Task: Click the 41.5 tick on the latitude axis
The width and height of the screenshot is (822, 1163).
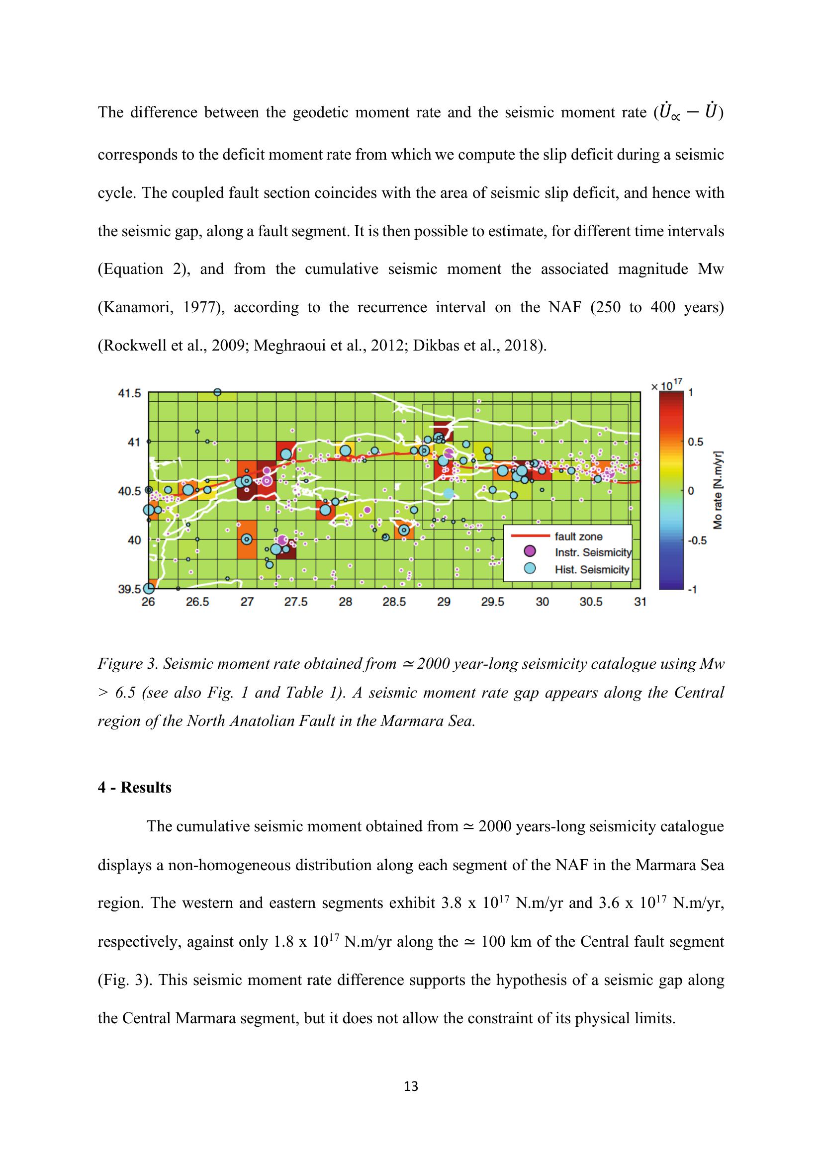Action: (x=129, y=394)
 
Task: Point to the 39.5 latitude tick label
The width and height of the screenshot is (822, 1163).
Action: (x=129, y=589)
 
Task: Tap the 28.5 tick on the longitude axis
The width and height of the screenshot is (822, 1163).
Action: (x=393, y=602)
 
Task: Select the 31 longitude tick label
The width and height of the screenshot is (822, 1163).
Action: (x=640, y=602)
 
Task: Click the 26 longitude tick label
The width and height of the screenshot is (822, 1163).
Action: (x=148, y=602)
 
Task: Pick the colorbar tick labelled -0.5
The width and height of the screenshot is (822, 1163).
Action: (x=696, y=540)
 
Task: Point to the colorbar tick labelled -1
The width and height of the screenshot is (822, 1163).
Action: (x=692, y=590)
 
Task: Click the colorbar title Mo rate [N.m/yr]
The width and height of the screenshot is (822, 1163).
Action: (x=717, y=490)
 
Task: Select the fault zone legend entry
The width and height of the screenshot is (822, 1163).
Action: (x=578, y=537)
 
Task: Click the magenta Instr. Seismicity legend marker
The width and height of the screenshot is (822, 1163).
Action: (x=530, y=551)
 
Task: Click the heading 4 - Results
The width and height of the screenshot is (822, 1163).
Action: (x=135, y=788)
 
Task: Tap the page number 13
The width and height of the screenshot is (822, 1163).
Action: (x=411, y=1086)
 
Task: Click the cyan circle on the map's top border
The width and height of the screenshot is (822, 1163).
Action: (x=217, y=392)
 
